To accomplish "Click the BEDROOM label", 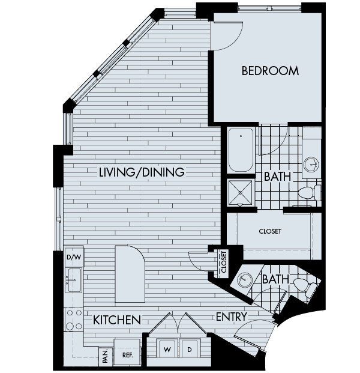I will [270, 71].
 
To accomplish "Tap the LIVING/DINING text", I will [142, 172].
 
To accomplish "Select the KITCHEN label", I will [117, 320].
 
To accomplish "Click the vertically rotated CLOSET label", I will [224, 262].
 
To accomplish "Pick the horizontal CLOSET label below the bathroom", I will [270, 231].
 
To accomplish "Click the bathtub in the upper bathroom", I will [241, 150].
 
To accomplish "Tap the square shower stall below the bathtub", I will [241, 192].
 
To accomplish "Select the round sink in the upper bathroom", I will [311, 163].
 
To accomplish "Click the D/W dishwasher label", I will [73, 258].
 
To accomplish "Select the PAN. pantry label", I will [104, 357].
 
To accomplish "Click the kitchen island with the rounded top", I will [130, 273].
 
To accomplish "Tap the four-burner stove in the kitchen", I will [74, 320].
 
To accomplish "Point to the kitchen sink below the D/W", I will [74, 279].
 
